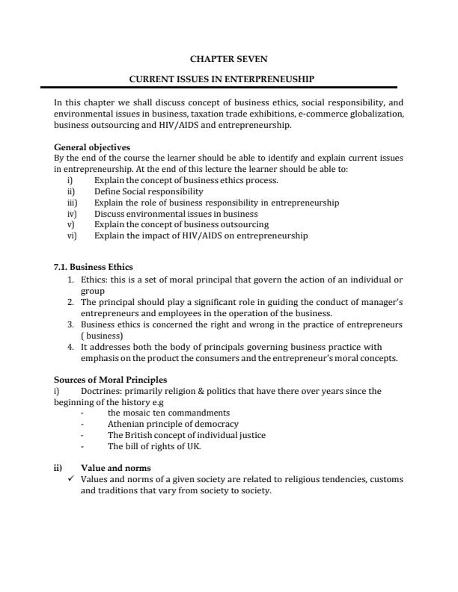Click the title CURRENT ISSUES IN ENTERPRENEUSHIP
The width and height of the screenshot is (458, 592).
point(230,78)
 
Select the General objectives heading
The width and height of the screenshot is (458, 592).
point(92,147)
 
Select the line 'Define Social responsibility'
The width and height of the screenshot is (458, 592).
point(148,191)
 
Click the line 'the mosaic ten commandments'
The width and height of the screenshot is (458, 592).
point(168,413)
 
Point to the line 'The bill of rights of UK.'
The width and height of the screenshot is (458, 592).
point(154,446)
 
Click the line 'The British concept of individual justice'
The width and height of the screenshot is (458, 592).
point(186,435)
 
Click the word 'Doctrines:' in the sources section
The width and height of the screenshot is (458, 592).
point(100,391)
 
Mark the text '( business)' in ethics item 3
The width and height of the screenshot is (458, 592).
point(103,336)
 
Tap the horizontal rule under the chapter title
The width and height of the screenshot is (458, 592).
point(229,87)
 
